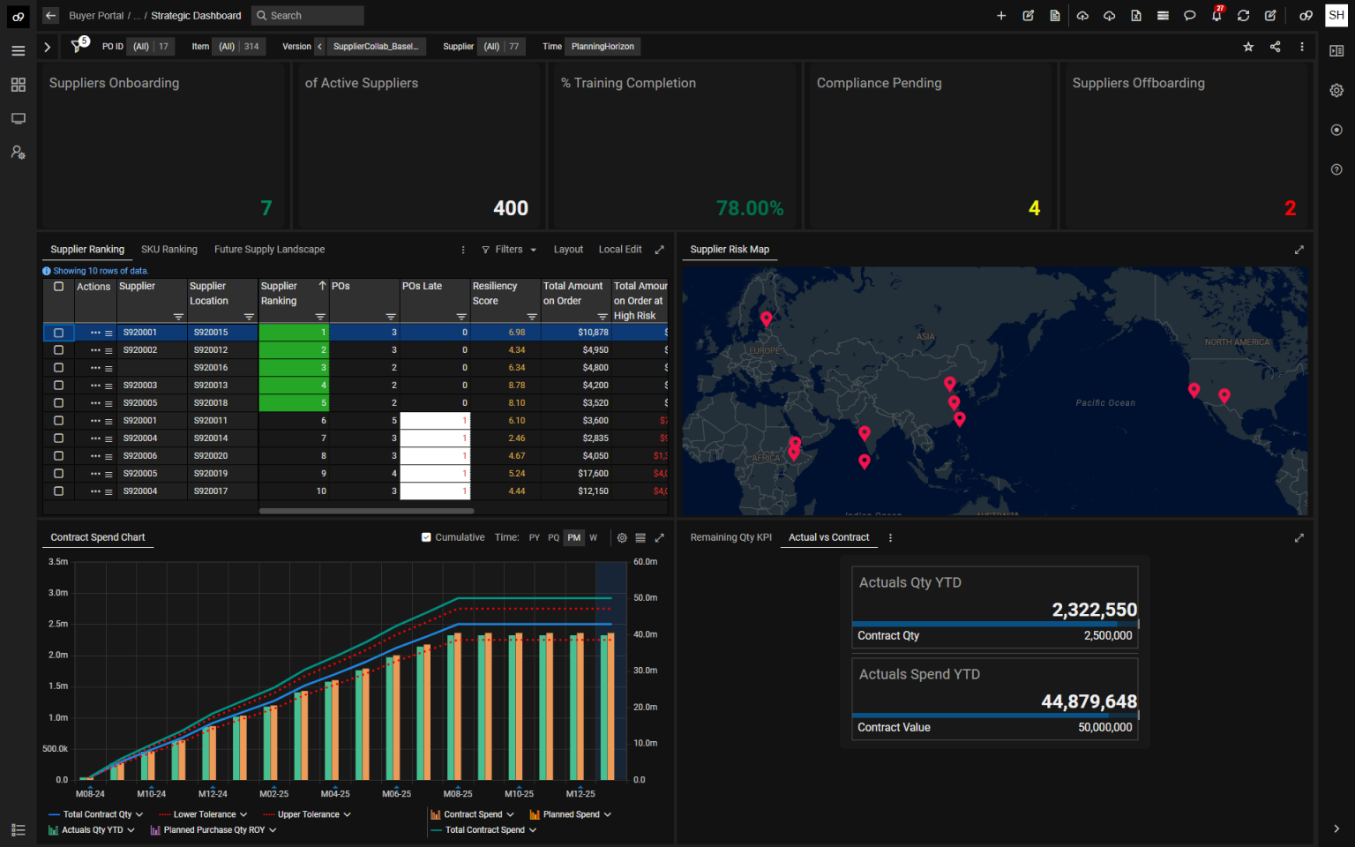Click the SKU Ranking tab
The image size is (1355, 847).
(168, 250)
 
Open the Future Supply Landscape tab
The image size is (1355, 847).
(269, 250)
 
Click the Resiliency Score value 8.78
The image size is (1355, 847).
(516, 386)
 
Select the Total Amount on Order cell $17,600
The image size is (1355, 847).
(593, 474)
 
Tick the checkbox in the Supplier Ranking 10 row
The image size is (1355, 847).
(59, 491)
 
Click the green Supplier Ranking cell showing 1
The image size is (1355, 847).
(294, 333)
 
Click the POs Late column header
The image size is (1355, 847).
(423, 287)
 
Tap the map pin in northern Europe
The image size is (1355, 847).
(766, 319)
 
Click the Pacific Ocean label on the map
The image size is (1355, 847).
(1104, 403)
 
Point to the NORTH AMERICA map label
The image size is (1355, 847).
(1237, 342)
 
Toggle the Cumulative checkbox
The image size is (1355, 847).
(427, 537)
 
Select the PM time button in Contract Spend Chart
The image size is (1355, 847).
(574, 537)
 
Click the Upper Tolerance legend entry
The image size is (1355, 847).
(308, 814)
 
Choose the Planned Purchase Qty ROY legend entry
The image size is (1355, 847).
(213, 830)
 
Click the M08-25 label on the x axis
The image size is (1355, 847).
(458, 794)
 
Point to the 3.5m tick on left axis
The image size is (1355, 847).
(58, 562)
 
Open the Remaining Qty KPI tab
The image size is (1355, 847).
(730, 537)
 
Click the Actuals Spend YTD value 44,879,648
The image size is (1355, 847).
(1089, 701)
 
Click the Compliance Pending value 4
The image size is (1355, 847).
(1034, 208)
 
